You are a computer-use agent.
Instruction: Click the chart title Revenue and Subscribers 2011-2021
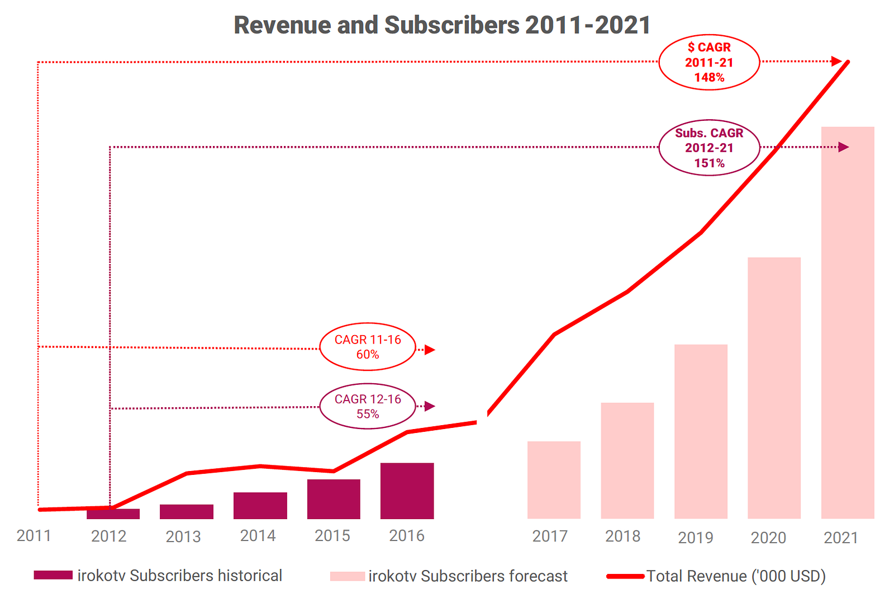[x=441, y=25]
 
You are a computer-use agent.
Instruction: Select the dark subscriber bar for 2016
[x=407, y=491]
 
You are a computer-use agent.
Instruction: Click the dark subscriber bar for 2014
[x=260, y=505]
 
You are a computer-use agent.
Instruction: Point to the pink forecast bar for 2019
[x=701, y=431]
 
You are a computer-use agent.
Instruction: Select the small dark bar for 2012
[x=113, y=514]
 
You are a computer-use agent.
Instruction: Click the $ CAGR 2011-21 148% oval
[x=709, y=62]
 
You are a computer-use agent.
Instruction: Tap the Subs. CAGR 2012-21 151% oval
[x=709, y=148]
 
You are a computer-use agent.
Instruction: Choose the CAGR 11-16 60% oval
[x=368, y=347]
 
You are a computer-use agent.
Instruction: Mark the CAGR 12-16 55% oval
[x=368, y=406]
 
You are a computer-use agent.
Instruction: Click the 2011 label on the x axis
[x=34, y=536]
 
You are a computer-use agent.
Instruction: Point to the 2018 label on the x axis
[x=622, y=536]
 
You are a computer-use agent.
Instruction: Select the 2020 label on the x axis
[x=768, y=538]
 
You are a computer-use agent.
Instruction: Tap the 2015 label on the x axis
[x=332, y=536]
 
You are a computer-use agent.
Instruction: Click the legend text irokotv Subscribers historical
[x=179, y=576]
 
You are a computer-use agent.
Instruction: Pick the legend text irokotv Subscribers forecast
[x=468, y=576]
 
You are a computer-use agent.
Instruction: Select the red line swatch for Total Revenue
[x=625, y=576]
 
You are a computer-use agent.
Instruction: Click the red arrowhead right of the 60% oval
[x=429, y=350]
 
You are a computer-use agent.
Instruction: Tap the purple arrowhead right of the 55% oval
[x=429, y=406]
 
